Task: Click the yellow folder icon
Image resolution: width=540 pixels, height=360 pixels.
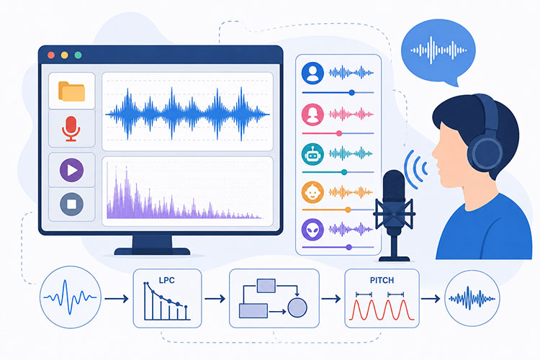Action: pyautogui.click(x=71, y=91)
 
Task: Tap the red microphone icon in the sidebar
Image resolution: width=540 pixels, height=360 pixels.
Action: pyautogui.click(x=71, y=129)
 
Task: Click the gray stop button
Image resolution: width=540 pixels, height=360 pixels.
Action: pyautogui.click(x=71, y=204)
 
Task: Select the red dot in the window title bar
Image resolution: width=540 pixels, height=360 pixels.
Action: pyautogui.click(x=51, y=55)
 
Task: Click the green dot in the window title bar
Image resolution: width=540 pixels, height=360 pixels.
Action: pyautogui.click(x=78, y=55)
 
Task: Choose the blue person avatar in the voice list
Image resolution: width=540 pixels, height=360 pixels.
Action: pyautogui.click(x=312, y=73)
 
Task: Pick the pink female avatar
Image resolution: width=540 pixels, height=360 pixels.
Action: pyautogui.click(x=312, y=114)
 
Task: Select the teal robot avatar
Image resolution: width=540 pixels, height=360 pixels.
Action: pyautogui.click(x=312, y=154)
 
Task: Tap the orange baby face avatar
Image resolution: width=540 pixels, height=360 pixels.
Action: pyautogui.click(x=312, y=192)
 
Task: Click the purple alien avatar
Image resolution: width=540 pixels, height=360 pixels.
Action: pyautogui.click(x=312, y=230)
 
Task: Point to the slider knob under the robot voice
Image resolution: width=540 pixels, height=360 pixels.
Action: pyautogui.click(x=344, y=172)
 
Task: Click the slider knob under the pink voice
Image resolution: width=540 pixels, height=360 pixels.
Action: pyautogui.click(x=339, y=133)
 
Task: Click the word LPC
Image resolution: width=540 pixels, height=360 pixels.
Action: pyautogui.click(x=167, y=280)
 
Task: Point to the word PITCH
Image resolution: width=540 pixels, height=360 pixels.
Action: pyautogui.click(x=382, y=280)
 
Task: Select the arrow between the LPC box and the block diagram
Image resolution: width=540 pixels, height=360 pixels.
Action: pyautogui.click(x=215, y=299)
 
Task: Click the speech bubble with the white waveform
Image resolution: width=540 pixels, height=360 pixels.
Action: pyautogui.click(x=438, y=52)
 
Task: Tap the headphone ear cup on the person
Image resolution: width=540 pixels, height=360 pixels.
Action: pyautogui.click(x=487, y=153)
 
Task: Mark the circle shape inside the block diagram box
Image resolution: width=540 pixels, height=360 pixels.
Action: pyautogui.click(x=297, y=307)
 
